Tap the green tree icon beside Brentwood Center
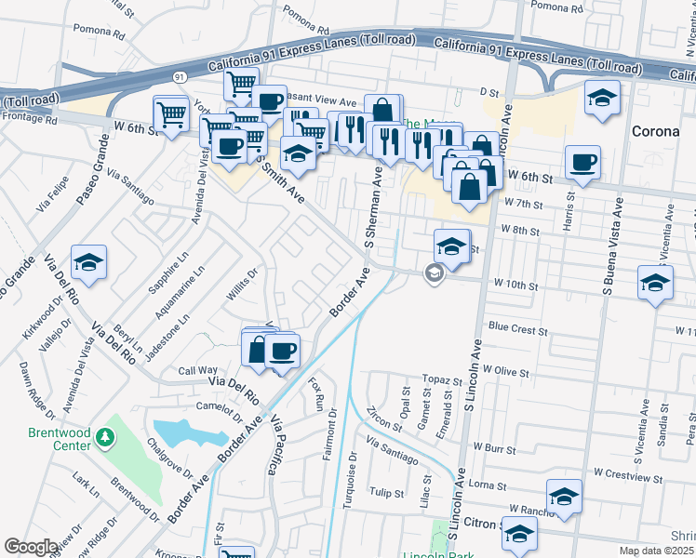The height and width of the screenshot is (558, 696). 105,436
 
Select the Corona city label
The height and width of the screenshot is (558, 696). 655,131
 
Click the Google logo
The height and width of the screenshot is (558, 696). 30,547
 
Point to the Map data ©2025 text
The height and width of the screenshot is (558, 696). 658,551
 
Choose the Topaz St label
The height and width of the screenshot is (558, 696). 441,380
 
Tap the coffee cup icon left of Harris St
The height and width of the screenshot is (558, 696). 582,163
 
